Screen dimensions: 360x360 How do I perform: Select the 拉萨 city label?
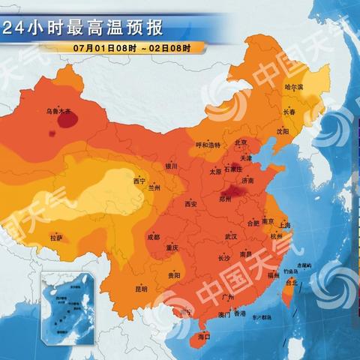(x=56, y=238)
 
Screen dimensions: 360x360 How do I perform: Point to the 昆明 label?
(x=141, y=288)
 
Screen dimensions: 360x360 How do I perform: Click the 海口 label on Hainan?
(x=202, y=338)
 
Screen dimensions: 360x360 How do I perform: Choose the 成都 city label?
(x=153, y=237)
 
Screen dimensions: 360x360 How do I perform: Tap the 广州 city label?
(x=230, y=298)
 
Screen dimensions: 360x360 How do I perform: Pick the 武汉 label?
(x=230, y=237)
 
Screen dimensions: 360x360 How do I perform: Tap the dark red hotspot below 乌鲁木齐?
(x=53, y=133)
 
